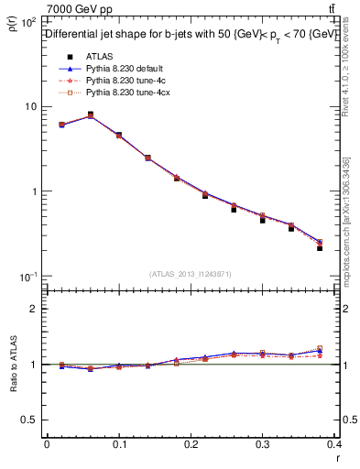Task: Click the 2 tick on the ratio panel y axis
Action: click(34, 309)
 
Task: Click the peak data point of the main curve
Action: click(90, 115)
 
